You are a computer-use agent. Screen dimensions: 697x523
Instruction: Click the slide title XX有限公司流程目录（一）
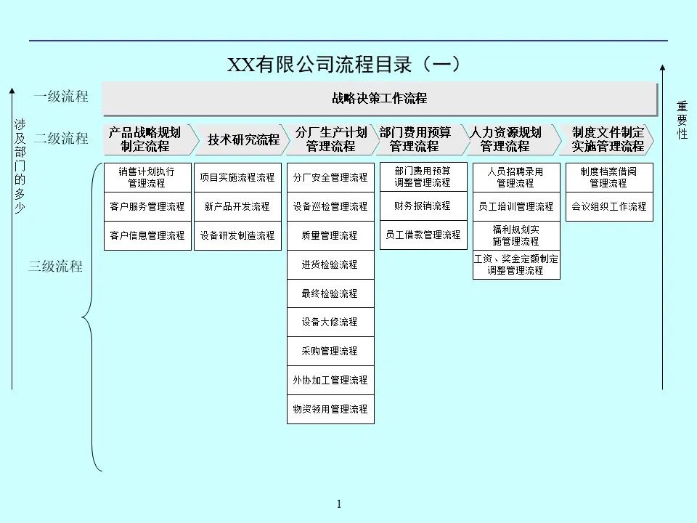(x=344, y=65)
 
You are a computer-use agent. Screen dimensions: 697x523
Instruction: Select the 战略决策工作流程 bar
(x=379, y=99)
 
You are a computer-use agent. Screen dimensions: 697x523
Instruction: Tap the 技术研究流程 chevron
(x=242, y=139)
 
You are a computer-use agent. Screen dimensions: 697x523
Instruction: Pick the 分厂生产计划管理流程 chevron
(x=330, y=139)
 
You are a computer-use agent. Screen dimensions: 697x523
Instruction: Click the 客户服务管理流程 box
(x=147, y=206)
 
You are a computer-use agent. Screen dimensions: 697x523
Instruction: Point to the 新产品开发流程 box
(x=237, y=206)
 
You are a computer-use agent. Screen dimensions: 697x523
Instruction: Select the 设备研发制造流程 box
(x=237, y=235)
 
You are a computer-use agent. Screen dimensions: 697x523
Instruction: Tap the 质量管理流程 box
(x=330, y=235)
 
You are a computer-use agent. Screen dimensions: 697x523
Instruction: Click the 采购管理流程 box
(x=330, y=351)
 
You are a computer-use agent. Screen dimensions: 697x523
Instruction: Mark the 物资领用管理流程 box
(x=330, y=409)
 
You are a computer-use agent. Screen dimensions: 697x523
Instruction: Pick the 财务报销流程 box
(x=423, y=206)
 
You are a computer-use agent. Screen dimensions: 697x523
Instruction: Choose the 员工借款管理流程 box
(x=423, y=235)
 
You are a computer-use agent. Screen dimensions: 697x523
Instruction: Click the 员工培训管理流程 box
(x=515, y=206)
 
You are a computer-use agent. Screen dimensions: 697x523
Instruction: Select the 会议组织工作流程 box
(x=608, y=206)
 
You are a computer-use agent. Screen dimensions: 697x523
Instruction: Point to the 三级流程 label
(x=56, y=266)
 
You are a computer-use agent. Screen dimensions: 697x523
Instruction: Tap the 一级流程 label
(x=61, y=96)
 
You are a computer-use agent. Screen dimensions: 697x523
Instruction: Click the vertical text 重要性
(x=682, y=120)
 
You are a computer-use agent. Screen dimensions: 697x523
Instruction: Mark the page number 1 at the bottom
(x=339, y=504)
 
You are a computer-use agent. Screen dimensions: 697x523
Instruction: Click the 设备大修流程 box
(x=330, y=322)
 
